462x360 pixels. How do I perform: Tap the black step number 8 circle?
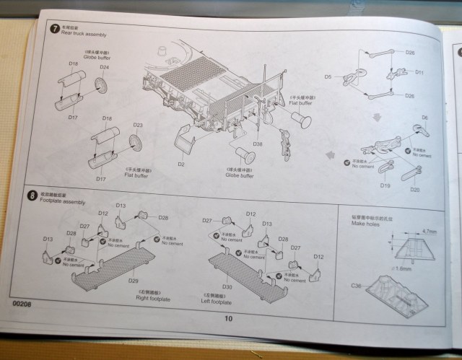click(x=32, y=195)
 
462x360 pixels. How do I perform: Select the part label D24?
click(x=104, y=68)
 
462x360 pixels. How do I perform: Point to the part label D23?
click(x=137, y=126)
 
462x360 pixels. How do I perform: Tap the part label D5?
click(x=328, y=76)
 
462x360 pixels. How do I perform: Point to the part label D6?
click(x=424, y=118)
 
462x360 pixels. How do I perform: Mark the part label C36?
click(x=357, y=286)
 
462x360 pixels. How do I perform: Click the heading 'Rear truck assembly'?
click(x=83, y=33)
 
